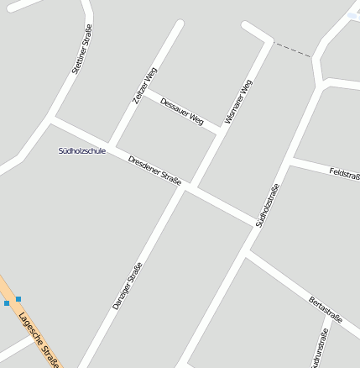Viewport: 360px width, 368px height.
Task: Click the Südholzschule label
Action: pos(82,151)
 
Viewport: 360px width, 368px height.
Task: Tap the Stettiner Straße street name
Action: pos(81,50)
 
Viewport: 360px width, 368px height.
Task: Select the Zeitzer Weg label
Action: pos(144,86)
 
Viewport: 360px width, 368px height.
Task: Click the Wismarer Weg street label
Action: pos(238,102)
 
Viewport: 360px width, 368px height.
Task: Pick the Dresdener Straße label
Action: pos(155,171)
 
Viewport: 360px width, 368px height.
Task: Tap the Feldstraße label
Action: pos(344,174)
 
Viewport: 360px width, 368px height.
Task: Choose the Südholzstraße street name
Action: pos(266,205)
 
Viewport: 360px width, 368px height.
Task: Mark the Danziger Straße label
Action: pos(128,286)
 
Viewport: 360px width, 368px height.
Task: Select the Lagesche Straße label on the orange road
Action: pos(39,338)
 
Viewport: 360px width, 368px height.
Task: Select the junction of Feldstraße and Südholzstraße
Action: pos(290,160)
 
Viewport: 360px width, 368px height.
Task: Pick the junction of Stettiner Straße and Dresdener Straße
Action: pos(53,118)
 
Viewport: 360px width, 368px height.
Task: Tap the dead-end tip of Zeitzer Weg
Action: pos(178,24)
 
